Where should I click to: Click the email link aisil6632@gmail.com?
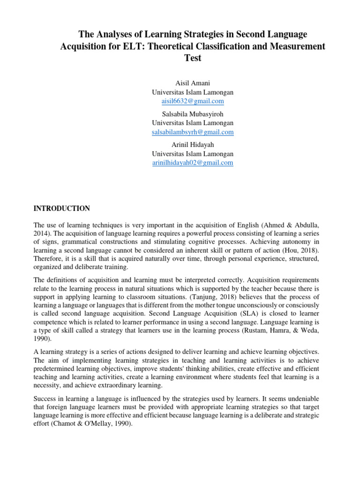193,101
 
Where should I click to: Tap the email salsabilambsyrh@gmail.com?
193,132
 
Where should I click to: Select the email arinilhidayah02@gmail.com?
193,163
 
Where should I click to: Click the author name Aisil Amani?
193,83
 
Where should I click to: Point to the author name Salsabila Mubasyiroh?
193,114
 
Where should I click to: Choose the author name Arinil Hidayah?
193,145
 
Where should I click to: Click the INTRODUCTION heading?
62,209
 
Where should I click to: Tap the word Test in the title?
193,58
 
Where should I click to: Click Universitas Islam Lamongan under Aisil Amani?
193,92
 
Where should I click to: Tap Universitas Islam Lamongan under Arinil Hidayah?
193,154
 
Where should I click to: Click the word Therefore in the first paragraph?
48,259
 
